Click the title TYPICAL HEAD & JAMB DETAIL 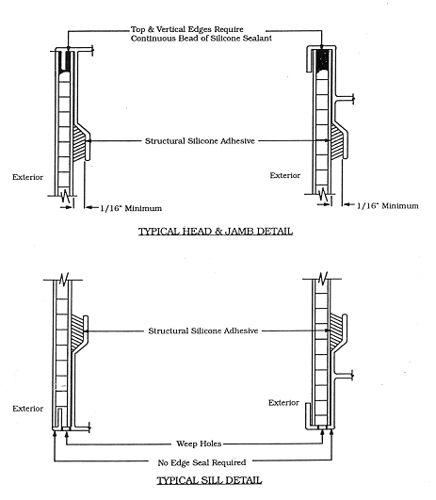(216, 232)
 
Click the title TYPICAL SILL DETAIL (209, 480)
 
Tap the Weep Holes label (199, 444)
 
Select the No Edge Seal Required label (202, 462)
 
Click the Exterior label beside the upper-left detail (27, 177)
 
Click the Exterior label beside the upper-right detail (285, 175)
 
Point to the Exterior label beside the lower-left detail (27, 409)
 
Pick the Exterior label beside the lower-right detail (283, 403)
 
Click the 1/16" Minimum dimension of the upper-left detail (131, 208)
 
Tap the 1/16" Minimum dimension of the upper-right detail (388, 205)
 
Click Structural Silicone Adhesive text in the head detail (200, 141)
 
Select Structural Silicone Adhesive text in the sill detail (203, 331)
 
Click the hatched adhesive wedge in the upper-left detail (79, 143)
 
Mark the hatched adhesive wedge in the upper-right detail (336, 142)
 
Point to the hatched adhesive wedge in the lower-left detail (76, 331)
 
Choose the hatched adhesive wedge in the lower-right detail (335, 331)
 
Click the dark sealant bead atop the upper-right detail (323, 59)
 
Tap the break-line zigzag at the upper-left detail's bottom (66, 196)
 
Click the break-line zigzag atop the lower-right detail (323, 278)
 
